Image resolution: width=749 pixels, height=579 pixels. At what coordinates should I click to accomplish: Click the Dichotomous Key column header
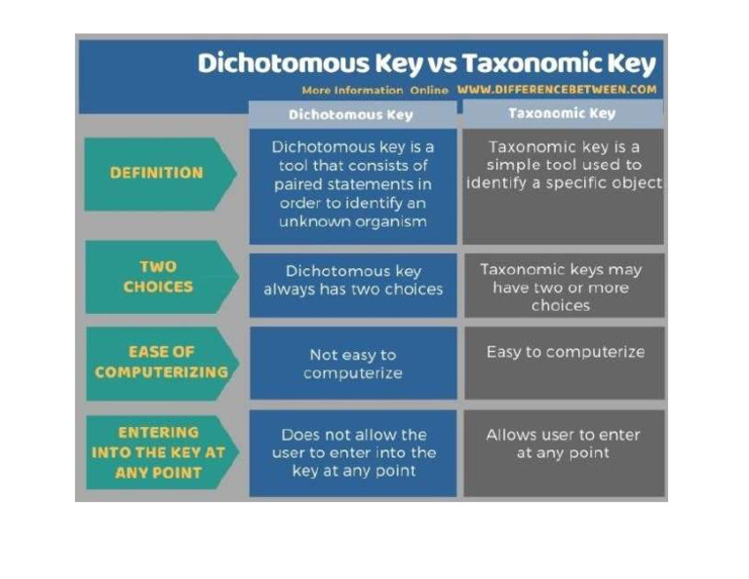point(351,114)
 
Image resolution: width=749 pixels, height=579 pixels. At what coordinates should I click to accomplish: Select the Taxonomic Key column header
point(562,113)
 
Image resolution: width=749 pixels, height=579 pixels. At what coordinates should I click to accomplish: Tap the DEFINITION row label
point(157,173)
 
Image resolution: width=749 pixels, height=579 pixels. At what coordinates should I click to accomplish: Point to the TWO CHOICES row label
point(158,277)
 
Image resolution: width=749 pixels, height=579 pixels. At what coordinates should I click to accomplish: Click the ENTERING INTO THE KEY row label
point(159,452)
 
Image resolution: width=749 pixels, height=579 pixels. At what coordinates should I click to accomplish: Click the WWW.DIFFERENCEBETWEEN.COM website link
point(557,89)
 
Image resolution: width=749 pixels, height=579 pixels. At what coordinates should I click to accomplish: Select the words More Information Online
point(374,90)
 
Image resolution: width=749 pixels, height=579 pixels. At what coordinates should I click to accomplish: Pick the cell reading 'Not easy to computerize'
point(352,364)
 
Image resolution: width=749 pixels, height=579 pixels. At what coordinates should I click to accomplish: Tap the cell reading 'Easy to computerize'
point(565,352)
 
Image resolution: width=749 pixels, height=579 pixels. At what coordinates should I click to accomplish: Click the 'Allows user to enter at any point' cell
point(564,444)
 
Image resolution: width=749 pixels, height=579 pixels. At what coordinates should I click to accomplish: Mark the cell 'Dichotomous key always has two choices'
point(352,281)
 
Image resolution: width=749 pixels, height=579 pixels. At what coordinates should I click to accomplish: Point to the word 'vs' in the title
point(438,63)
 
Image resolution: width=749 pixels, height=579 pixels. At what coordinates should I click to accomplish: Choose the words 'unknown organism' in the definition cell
point(353,221)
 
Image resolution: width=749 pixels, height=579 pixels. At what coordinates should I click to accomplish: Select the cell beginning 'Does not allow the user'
point(352,452)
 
